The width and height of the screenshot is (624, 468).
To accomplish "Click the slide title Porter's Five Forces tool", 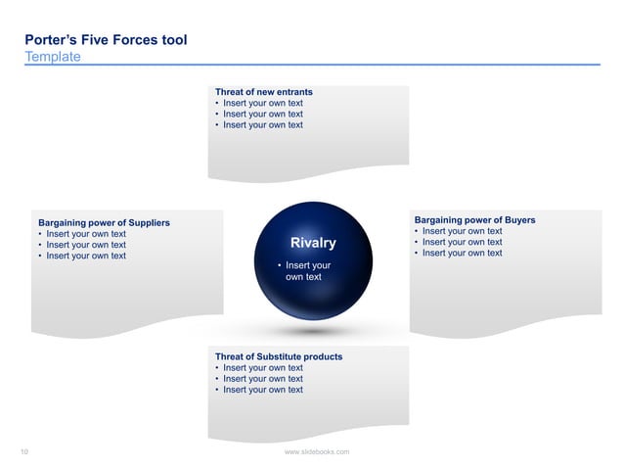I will point(106,40).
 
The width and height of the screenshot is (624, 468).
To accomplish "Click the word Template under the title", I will point(53,57).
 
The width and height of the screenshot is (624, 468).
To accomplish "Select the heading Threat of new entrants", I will point(263,92).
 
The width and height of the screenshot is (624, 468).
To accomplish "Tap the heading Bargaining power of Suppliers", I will point(103,223).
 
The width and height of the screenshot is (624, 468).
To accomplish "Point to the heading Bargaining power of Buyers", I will point(474,220).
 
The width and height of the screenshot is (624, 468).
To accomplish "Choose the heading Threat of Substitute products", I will point(278,356).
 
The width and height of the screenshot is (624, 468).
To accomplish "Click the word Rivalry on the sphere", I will point(313,243).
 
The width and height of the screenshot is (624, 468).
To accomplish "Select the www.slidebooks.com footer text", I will point(316,451).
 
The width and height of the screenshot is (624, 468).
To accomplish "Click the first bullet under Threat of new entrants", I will point(262,103).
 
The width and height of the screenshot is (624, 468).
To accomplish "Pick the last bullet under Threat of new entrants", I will point(262,124).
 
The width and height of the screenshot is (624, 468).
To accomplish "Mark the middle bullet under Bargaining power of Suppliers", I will point(85,245).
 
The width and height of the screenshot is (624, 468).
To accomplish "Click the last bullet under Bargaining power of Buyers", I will point(462,253).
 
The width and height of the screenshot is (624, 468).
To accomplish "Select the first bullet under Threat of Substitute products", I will point(262,368).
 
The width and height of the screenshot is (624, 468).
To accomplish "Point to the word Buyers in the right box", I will point(517,220).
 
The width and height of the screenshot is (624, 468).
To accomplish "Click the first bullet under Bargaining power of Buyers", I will point(462,231).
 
